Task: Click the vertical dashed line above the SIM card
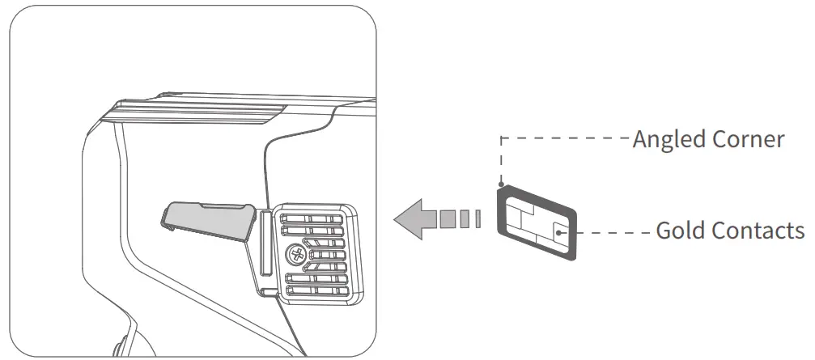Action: (502, 162)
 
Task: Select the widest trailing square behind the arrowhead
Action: (448, 218)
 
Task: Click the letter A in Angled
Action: (639, 140)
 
